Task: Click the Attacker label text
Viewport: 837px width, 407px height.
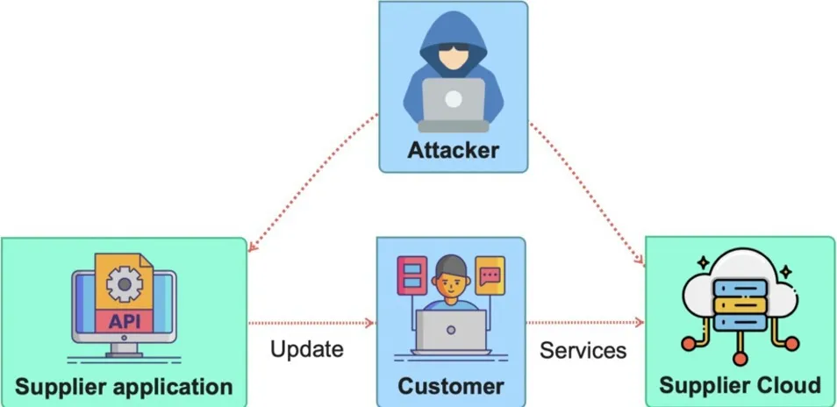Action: pyautogui.click(x=453, y=150)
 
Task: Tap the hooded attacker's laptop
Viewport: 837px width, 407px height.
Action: pyautogui.click(x=453, y=99)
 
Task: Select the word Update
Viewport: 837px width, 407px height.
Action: pyautogui.click(x=306, y=349)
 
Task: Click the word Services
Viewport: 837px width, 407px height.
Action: pyautogui.click(x=583, y=351)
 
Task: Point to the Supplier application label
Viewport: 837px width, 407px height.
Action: pyautogui.click(x=125, y=386)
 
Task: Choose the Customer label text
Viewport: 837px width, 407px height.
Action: pyautogui.click(x=451, y=386)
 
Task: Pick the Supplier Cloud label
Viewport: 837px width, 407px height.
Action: pyautogui.click(x=740, y=385)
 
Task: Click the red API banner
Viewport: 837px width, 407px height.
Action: pyautogui.click(x=124, y=321)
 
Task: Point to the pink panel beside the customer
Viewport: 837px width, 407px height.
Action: pyautogui.click(x=411, y=276)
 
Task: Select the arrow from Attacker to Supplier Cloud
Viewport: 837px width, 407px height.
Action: pyautogui.click(x=588, y=188)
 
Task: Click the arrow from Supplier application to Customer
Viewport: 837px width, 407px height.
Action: pyautogui.click(x=311, y=322)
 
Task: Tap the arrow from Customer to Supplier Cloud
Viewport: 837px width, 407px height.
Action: pyautogui.click(x=585, y=322)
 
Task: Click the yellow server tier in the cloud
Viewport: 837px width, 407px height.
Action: pyautogui.click(x=740, y=303)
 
